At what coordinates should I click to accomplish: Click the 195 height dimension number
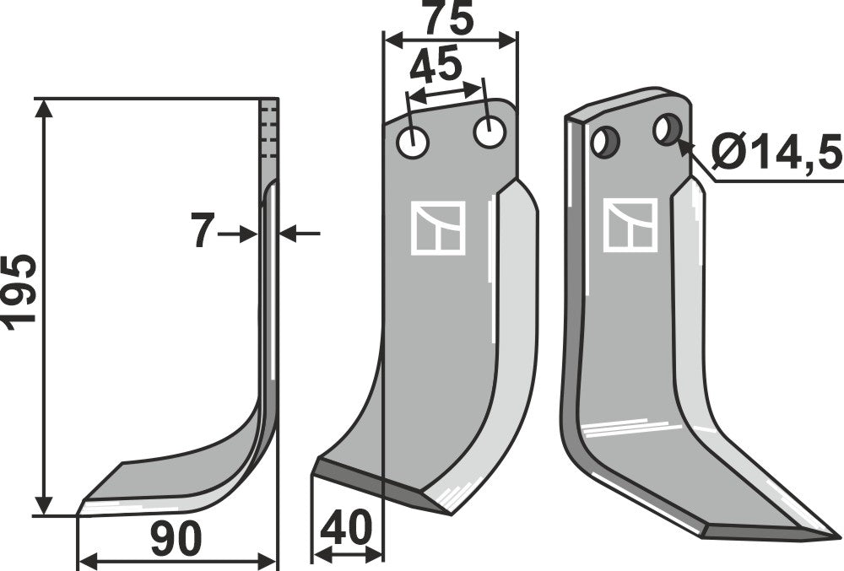(x=19, y=289)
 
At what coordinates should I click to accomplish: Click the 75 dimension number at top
(x=448, y=19)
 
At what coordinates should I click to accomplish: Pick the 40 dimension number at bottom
(x=347, y=530)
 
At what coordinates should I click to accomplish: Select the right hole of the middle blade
(x=489, y=132)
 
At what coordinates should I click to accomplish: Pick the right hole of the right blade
(x=667, y=129)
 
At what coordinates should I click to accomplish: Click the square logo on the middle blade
(x=437, y=228)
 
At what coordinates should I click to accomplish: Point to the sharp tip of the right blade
(x=836, y=535)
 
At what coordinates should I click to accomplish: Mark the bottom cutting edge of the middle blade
(x=380, y=485)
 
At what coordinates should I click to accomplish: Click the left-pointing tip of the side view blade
(x=81, y=509)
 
